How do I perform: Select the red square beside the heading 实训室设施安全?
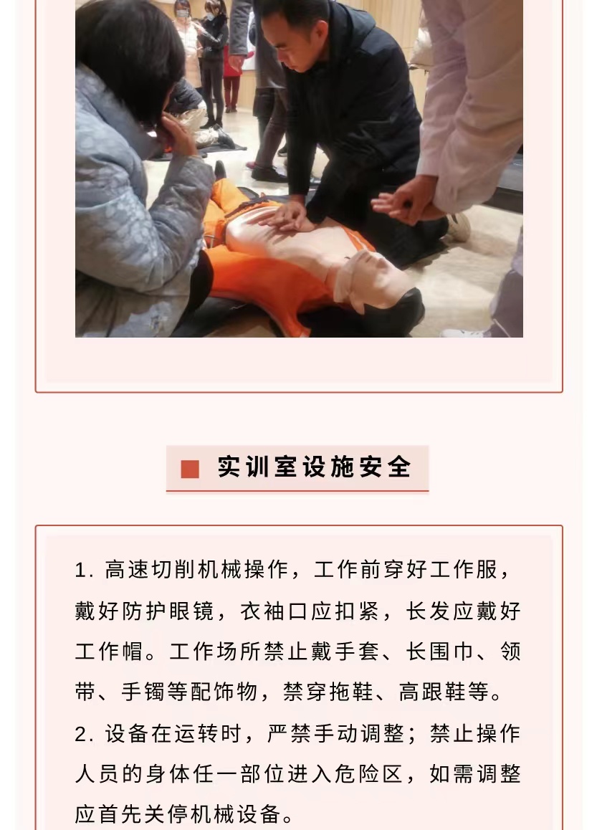point(190,469)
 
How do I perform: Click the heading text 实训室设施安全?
point(315,467)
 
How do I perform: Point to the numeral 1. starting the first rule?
point(84,570)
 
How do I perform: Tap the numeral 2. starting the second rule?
point(84,734)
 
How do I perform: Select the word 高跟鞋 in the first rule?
point(432,692)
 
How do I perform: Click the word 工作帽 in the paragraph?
point(109,651)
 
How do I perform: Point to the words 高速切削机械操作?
point(197,570)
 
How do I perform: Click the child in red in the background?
point(231,80)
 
